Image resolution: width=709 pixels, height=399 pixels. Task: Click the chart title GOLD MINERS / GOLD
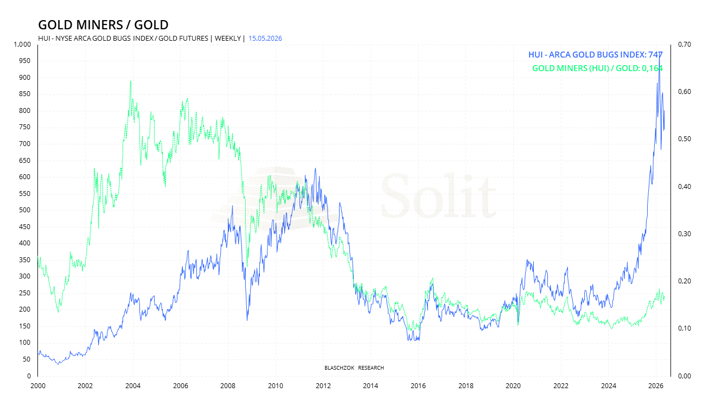coord(103,25)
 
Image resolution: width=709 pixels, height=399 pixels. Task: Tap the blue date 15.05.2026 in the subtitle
coord(265,39)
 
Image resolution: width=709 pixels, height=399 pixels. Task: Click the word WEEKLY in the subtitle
coord(228,39)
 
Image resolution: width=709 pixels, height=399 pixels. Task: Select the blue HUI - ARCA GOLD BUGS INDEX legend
coord(596,54)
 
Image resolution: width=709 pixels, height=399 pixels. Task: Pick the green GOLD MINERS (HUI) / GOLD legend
coord(597,68)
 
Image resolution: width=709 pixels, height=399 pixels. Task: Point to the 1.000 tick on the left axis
coord(22,45)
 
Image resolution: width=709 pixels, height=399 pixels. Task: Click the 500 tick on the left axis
coord(25,210)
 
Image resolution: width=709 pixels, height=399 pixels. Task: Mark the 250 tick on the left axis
coord(25,293)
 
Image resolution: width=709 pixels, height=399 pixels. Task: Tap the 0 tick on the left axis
coord(29,376)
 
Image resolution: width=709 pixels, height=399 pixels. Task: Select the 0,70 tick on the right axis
coord(684,45)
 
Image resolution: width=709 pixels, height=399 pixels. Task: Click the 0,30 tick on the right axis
coord(684,233)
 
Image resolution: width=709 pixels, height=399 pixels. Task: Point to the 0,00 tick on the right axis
coord(684,376)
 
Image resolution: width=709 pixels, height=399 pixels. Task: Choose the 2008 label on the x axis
coord(228,385)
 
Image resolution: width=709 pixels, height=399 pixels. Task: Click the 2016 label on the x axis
coord(418,385)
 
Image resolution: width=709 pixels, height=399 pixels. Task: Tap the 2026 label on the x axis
coord(656,385)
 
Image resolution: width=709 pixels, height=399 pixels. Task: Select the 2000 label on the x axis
coord(37,385)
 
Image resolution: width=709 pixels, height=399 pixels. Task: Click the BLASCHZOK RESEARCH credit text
coord(354,368)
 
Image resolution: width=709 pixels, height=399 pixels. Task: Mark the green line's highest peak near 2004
coord(130,81)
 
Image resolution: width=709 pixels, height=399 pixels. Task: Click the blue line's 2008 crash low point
coord(247,320)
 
